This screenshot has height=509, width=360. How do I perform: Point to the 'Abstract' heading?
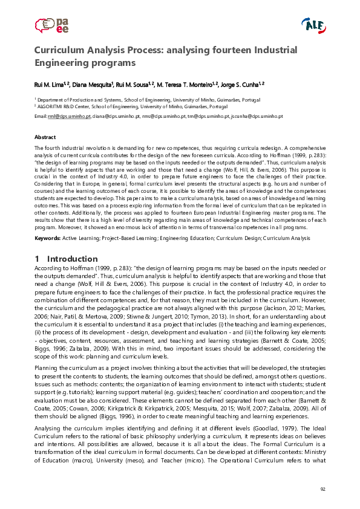click(x=45, y=137)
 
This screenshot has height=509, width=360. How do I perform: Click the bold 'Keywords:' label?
click(x=47, y=238)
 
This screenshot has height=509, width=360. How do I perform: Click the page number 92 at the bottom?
click(x=322, y=488)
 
